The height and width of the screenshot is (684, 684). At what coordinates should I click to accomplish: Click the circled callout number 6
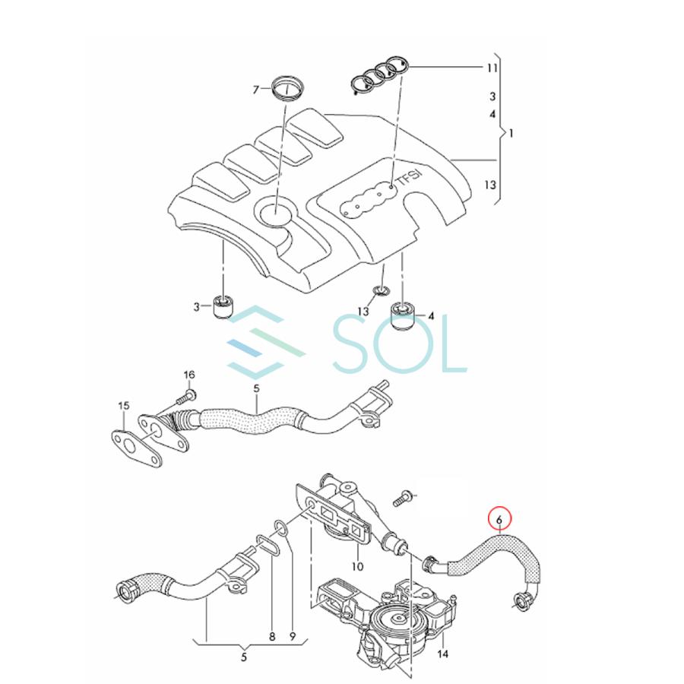(x=499, y=520)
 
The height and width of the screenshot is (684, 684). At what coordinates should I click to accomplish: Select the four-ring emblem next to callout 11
(x=379, y=76)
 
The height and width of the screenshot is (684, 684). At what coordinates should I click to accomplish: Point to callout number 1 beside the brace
(x=511, y=133)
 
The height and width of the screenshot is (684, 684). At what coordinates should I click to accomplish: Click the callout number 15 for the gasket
(x=123, y=407)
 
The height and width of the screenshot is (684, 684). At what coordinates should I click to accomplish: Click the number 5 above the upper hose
(x=256, y=389)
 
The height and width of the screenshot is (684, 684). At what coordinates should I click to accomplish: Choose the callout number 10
(x=357, y=566)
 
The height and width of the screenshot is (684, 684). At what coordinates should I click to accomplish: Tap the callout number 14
(x=444, y=653)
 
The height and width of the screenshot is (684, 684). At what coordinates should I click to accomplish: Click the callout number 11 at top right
(x=492, y=68)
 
